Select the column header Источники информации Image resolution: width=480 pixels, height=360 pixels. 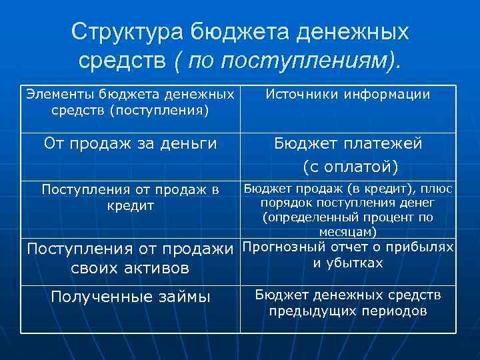pos(348,95)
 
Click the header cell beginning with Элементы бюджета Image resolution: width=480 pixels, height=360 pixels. pos(130,102)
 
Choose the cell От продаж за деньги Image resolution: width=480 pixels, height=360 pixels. pos(130,143)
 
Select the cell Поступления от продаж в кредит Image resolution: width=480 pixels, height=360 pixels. pos(130,197)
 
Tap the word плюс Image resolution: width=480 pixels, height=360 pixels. pos(438,189)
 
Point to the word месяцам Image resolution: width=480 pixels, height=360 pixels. pos(348,231)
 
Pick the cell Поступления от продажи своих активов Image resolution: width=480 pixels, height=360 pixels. pos(130,258)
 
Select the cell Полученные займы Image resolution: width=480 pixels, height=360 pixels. pos(130,297)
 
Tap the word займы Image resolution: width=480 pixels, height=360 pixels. pos(182,297)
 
